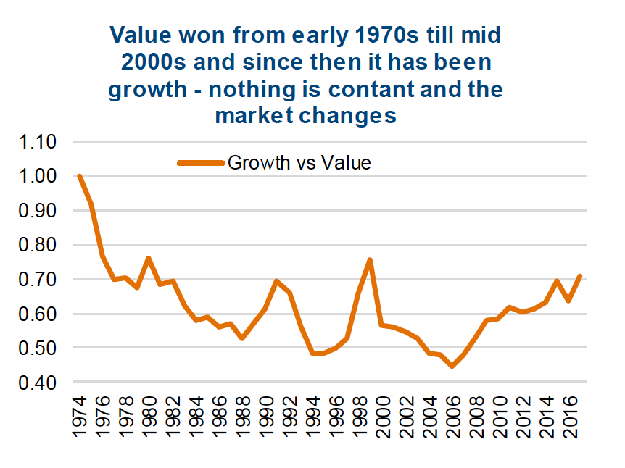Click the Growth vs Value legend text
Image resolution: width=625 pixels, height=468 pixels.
click(299, 162)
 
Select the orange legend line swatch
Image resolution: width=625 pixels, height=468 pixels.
click(201, 163)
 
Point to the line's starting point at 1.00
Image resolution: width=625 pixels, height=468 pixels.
click(79, 176)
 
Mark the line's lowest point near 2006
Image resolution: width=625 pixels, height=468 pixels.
click(452, 366)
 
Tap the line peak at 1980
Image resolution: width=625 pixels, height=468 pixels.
click(148, 258)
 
